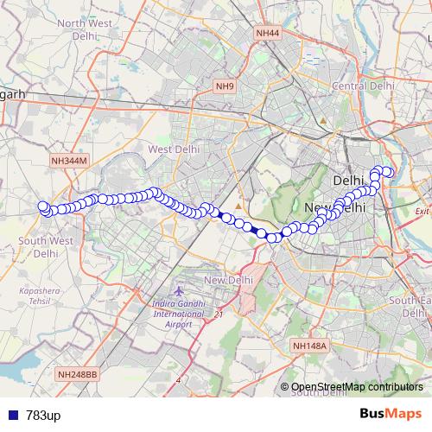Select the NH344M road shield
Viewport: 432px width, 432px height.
(x=69, y=160)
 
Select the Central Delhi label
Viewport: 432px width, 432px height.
(x=364, y=86)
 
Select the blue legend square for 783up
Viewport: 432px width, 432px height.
(x=11, y=416)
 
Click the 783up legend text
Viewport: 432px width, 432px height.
(x=43, y=416)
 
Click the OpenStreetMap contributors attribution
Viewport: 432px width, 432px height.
(x=356, y=386)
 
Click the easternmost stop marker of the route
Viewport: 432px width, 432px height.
(x=389, y=173)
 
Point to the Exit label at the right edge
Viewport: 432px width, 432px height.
(x=422, y=211)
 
